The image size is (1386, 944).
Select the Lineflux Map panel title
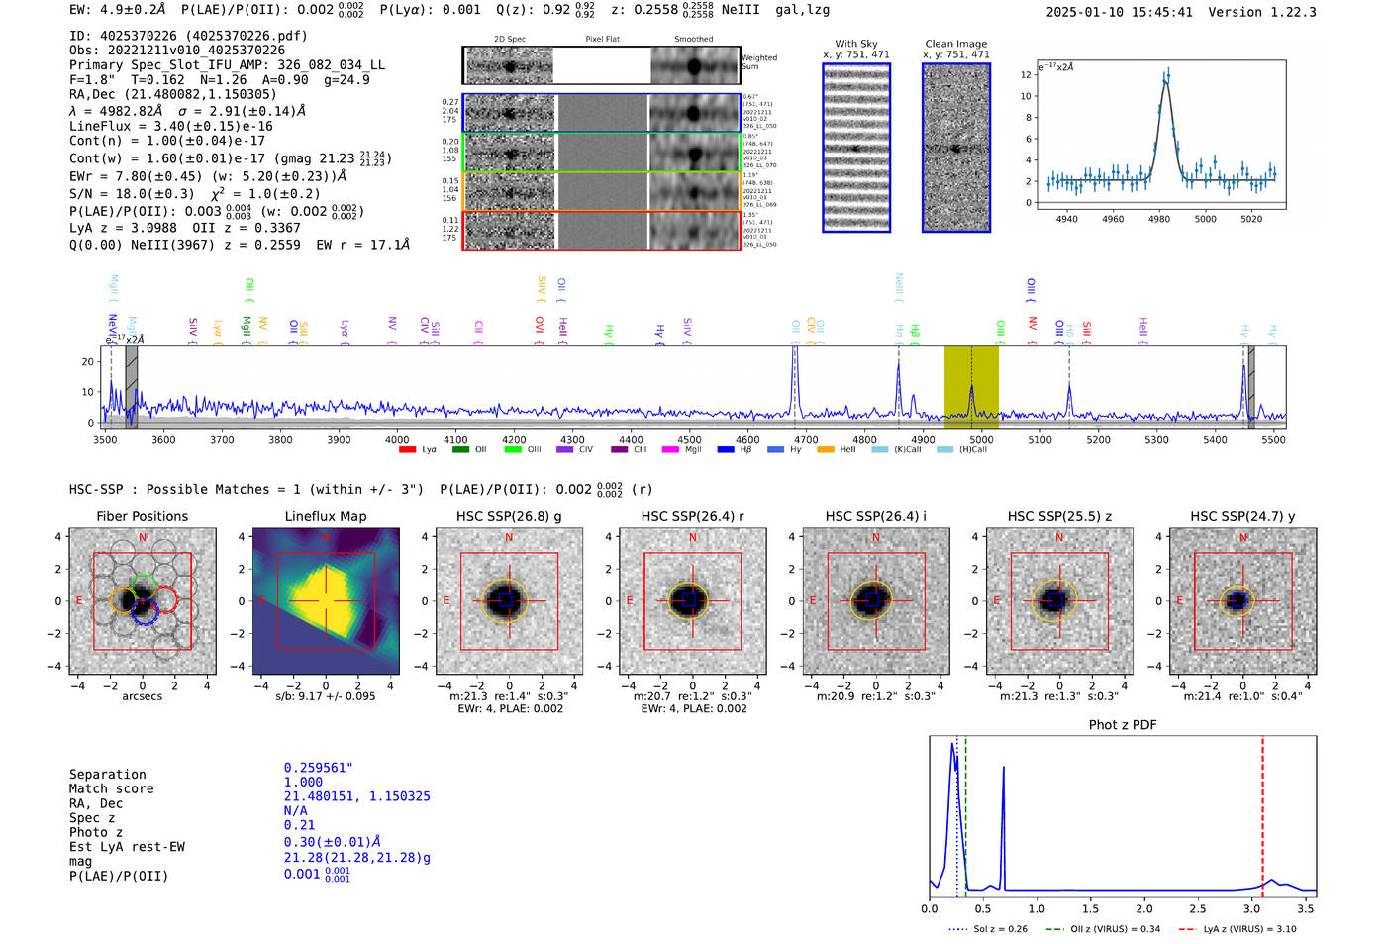325,516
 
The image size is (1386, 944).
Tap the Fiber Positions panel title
142,516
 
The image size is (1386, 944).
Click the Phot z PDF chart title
1122,724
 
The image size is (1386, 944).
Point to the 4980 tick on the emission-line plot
1158,218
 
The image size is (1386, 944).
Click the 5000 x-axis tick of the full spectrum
981,439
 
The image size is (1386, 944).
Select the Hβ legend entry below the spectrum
736,450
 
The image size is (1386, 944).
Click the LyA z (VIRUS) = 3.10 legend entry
1237,929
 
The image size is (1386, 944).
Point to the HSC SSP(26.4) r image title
692,516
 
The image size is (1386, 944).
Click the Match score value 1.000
303,782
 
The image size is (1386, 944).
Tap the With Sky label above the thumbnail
855,44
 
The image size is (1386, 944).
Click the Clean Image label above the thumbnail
955,44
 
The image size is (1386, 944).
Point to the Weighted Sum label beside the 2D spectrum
758,62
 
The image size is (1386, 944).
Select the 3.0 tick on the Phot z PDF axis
1251,908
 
